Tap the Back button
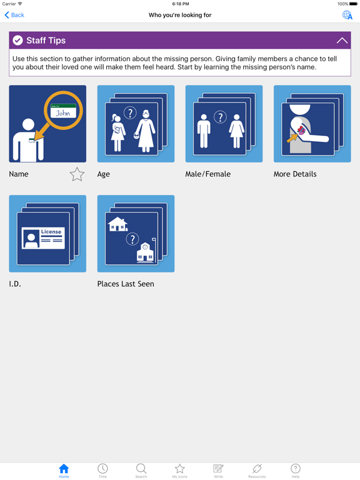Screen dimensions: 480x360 point(14,15)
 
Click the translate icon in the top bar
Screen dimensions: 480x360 point(347,15)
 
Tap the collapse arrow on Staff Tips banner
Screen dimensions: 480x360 point(342,41)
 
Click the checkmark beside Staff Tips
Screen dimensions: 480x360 point(18,41)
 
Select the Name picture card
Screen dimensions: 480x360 point(47,124)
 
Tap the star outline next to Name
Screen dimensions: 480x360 point(77,174)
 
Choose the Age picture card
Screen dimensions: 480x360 point(136,124)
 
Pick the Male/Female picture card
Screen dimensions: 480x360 point(224,124)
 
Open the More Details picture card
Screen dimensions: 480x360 point(312,124)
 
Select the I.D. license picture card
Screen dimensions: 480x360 point(47,234)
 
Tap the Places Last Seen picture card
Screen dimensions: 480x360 point(136,234)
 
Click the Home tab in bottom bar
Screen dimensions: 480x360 point(64,471)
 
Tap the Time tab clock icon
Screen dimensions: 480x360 point(102,469)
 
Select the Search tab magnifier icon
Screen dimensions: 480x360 point(141,469)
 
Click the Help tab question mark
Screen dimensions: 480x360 point(296,469)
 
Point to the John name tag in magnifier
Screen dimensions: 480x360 point(63,112)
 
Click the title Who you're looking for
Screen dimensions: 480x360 point(180,15)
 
